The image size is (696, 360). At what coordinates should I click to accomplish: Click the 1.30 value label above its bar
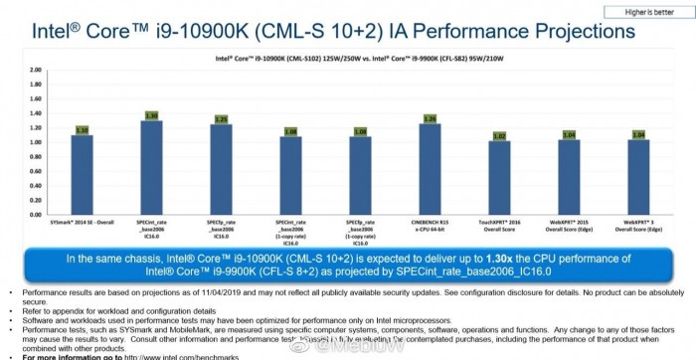(152, 115)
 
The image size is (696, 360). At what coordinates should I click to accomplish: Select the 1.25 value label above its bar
(222, 119)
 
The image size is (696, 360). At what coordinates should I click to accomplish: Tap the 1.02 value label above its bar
(499, 135)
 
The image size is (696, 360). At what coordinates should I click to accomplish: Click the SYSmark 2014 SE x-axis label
(83, 223)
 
